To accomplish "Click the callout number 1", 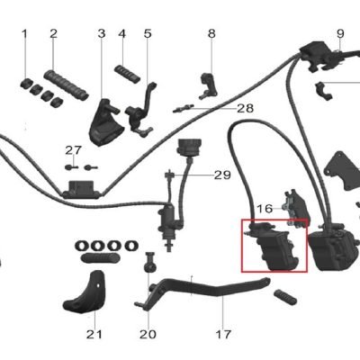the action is click(x=24, y=33).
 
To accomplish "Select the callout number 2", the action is click(x=53, y=33).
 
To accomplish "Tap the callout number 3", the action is click(x=102, y=33).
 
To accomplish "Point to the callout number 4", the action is click(x=122, y=33).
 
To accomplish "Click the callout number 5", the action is click(x=148, y=33).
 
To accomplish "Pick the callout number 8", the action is click(x=211, y=33).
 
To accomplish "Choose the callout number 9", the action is click(x=340, y=33).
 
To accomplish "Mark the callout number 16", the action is click(x=265, y=209).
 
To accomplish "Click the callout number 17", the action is click(x=223, y=334).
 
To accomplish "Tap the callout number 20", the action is click(x=148, y=334).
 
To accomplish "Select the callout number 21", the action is click(x=94, y=334).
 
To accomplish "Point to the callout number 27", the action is click(x=74, y=150).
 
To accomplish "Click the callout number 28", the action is click(x=246, y=108).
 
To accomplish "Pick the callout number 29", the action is click(x=222, y=175).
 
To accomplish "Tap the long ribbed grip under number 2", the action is click(x=67, y=85).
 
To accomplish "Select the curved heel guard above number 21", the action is click(x=84, y=292).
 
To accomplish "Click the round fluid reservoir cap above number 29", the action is click(x=189, y=148).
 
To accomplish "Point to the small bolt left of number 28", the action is click(x=184, y=109).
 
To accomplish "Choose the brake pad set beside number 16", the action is click(x=295, y=209).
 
